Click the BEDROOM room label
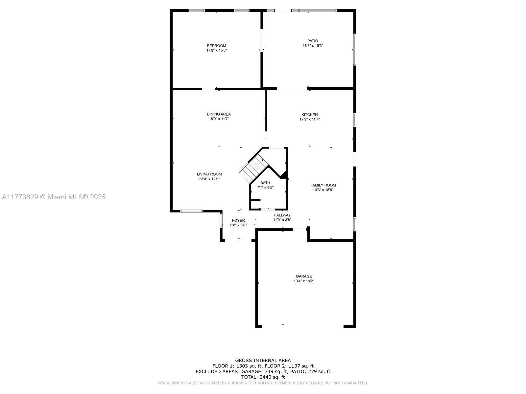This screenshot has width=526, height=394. tap(216, 46)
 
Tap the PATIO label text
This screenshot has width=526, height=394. tap(313, 41)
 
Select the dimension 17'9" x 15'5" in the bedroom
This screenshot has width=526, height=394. tap(216, 51)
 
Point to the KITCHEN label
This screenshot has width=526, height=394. tap(309, 115)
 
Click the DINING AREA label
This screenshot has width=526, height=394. tap(219, 114)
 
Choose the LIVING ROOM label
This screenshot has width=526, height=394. tap(209, 174)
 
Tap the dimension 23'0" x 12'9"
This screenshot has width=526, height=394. tap(209, 179)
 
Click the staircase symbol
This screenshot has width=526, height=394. tap(253, 168)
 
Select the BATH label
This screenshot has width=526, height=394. tap(265, 183)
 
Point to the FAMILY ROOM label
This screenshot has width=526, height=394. tap(323, 185)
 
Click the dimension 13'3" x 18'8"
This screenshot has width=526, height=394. tap(323, 190)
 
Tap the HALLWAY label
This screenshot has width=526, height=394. tap(282, 215)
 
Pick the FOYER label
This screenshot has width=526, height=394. tap(238, 220)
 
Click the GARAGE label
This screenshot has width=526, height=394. tap(304, 276)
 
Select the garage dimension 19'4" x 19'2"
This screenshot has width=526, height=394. tap(304, 281)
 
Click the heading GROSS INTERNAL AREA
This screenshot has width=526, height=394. tap(263, 360)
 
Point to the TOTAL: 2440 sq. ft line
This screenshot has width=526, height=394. tap(263, 377)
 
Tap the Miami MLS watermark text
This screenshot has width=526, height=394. tap(54, 197)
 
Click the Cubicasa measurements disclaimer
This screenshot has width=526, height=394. tap(263, 383)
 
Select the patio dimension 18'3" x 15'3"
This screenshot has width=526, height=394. tap(313, 46)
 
